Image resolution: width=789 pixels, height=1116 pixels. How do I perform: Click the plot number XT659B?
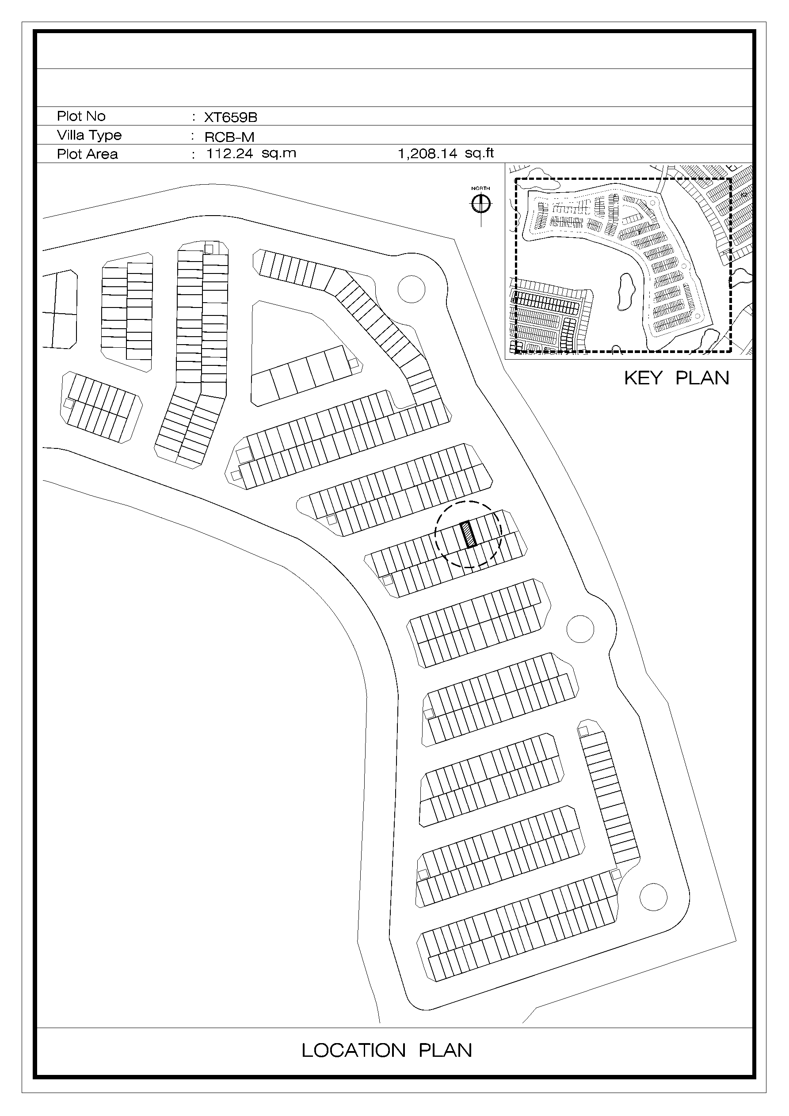point(231,117)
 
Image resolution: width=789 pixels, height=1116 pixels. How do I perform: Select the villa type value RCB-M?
point(229,137)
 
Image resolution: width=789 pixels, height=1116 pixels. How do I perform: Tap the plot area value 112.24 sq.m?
point(251,154)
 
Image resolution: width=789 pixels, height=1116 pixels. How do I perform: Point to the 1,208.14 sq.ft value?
point(446,154)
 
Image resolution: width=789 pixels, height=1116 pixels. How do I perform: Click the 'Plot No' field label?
point(81,116)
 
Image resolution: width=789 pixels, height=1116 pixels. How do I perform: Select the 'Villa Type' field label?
point(89,136)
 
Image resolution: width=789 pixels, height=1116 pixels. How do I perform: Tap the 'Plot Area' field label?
point(88,154)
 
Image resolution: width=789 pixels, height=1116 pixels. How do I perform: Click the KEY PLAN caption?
point(677,378)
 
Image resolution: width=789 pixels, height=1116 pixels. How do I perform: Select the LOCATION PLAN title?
point(387,1050)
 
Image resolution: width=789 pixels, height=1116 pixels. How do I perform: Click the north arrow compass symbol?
point(481,204)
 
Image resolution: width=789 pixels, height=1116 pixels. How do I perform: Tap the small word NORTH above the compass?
point(480,189)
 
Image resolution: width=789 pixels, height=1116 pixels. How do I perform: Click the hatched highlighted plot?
point(469,535)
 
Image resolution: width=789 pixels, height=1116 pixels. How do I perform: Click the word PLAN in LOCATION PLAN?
point(445,1050)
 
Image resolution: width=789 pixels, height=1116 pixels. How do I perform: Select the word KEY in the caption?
point(643,378)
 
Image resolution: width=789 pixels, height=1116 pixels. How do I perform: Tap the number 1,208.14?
point(427,154)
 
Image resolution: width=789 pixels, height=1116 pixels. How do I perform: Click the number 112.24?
point(229,154)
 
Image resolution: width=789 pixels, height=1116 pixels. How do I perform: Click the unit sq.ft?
point(479,154)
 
